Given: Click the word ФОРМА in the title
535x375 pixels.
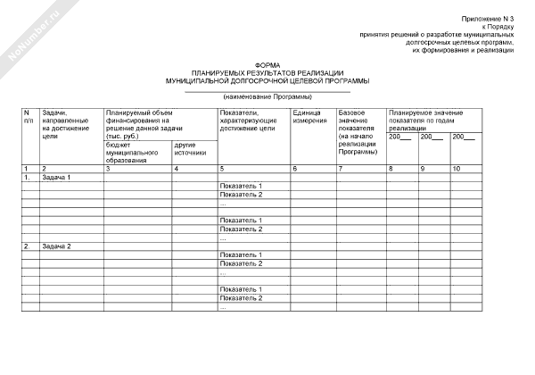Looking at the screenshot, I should pyautogui.click(x=267, y=65).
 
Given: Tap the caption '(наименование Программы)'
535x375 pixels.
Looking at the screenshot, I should pyautogui.click(x=267, y=96).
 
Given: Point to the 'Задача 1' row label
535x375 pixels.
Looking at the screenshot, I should pyautogui.click(x=56, y=177).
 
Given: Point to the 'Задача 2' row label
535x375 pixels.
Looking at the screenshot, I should pyautogui.click(x=56, y=246).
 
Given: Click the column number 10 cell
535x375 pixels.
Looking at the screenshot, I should pyautogui.click(x=457, y=169).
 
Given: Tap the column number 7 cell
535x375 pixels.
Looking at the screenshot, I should pyautogui.click(x=341, y=169).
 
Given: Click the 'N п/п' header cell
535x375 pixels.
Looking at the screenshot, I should pyautogui.click(x=29, y=117).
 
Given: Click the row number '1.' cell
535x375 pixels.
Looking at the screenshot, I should pyautogui.click(x=29, y=177).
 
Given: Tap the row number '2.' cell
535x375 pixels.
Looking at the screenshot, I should pyautogui.click(x=29, y=246).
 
